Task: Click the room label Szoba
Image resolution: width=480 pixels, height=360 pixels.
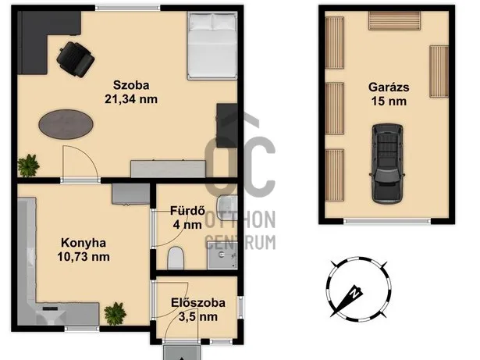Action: pyautogui.click(x=130, y=85)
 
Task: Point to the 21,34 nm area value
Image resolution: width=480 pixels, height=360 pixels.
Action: pyautogui.click(x=130, y=98)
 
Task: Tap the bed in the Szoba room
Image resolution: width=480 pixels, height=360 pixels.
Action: pyautogui.click(x=212, y=47)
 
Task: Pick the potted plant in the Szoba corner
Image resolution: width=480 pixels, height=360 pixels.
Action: pyautogui.click(x=30, y=165)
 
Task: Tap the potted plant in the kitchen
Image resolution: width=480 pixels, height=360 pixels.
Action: pyautogui.click(x=116, y=312)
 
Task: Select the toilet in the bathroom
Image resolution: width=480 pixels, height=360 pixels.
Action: pyautogui.click(x=176, y=256)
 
